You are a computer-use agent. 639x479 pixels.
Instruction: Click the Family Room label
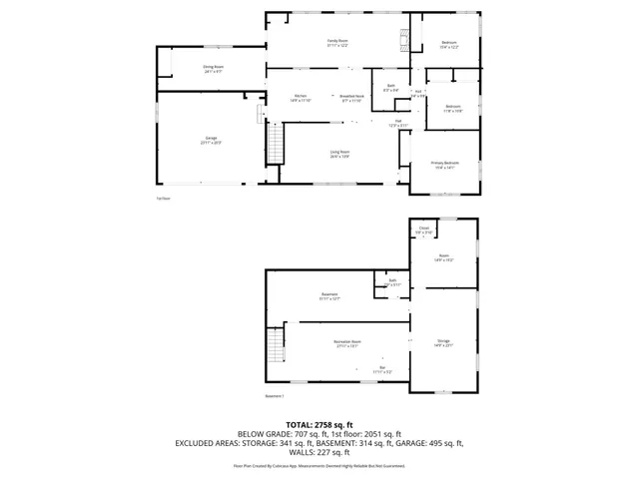tap(336, 42)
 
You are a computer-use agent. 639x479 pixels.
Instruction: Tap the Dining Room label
tap(213, 69)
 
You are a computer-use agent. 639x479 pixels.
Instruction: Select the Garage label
tap(211, 140)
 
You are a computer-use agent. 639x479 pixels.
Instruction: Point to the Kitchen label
tap(300, 97)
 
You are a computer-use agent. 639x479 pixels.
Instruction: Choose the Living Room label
tap(339, 153)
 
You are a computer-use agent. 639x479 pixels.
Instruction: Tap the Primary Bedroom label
tap(444, 165)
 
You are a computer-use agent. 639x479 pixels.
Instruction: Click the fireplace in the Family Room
tap(403, 41)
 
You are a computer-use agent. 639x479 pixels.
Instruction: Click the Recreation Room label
tap(347, 343)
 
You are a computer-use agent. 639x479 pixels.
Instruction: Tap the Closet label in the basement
tap(423, 230)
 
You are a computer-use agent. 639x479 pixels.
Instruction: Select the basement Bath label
tap(393, 282)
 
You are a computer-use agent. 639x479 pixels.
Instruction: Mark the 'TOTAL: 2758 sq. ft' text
tap(319, 425)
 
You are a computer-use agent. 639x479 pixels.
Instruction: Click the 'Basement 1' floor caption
tap(276, 397)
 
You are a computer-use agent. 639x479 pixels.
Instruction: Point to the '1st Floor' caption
tap(163, 199)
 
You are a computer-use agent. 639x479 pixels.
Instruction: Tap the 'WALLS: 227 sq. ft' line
tap(319, 452)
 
